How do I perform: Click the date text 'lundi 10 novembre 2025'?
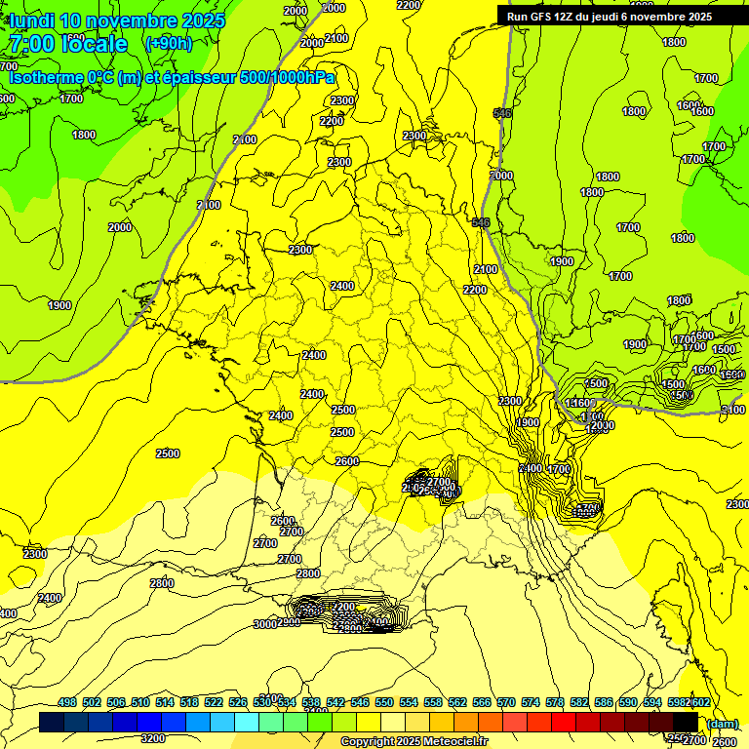pos(117,20)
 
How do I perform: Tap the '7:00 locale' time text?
pos(67,44)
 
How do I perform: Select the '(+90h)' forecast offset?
pos(168,43)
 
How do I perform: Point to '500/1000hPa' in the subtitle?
pos(287,77)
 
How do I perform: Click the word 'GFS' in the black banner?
pos(542,17)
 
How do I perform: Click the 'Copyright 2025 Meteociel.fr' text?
pos(414,742)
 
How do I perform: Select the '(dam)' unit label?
pos(722,724)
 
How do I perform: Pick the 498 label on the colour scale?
pos(67,703)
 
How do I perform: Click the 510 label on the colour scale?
pos(140,703)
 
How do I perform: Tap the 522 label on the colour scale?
pos(214,703)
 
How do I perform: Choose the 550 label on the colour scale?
pos(384,703)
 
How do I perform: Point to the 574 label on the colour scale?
pos(531,703)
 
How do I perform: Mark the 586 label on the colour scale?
pos(604,703)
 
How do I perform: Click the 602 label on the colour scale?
pos(700,703)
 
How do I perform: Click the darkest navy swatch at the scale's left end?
pos(51,722)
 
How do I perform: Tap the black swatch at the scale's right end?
pos(686,722)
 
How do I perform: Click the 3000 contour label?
pos(264,624)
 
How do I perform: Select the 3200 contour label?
pos(153,738)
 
